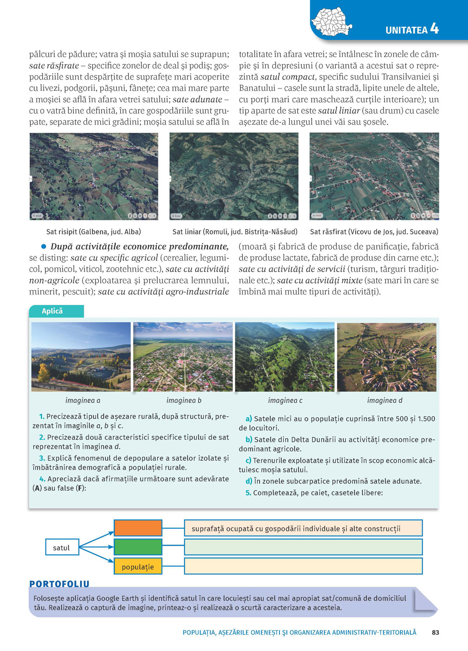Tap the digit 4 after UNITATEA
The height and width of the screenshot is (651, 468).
435,29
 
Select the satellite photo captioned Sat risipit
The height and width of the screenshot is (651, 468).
94,176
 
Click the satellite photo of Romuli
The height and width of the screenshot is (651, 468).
234,176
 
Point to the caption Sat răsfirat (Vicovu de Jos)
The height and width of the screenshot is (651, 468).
374,231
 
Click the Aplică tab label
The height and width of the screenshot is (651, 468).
52,311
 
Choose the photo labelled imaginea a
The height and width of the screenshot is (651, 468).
81,356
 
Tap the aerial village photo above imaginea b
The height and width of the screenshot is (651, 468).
183,356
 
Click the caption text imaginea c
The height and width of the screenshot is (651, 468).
285,400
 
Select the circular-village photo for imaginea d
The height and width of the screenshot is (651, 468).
387,356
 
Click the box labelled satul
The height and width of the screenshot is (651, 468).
61,547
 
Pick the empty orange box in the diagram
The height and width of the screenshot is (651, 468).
138,528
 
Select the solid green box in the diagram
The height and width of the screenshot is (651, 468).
138,547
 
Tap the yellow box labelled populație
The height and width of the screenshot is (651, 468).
138,566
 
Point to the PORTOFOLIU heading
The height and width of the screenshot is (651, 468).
59,584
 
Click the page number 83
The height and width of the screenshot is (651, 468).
435,632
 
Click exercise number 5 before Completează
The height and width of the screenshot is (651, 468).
249,493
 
